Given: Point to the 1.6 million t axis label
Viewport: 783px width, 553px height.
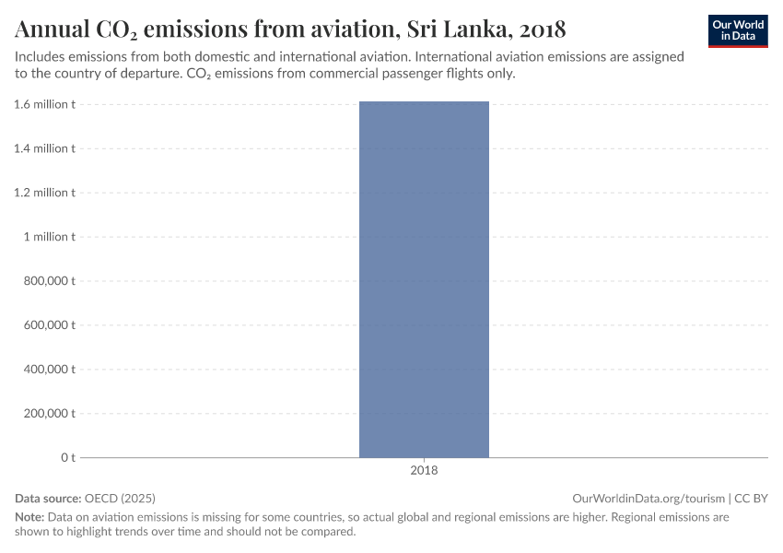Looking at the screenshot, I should [x=44, y=104].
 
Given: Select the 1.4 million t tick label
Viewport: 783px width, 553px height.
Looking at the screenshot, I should [x=44, y=148].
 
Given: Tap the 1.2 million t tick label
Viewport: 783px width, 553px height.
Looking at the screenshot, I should [x=44, y=193].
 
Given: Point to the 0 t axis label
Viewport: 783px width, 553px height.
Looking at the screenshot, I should [x=68, y=457].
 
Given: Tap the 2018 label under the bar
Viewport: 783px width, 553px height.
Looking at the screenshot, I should [x=424, y=470].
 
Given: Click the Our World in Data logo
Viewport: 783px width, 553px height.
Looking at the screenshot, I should [x=738, y=30].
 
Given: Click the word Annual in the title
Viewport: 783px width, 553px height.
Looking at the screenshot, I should [x=52, y=29].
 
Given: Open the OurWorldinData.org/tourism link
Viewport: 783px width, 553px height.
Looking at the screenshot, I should [x=649, y=498].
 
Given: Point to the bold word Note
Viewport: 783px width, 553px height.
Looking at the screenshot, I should [x=29, y=517].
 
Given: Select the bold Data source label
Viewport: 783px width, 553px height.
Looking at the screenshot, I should [x=48, y=498].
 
